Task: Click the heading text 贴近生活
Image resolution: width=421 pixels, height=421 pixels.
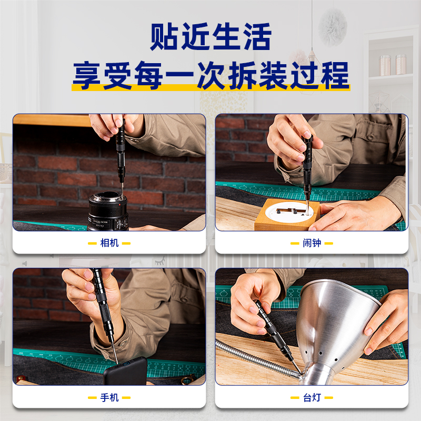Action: coord(210,36)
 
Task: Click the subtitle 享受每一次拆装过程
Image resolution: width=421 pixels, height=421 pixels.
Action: coord(211,75)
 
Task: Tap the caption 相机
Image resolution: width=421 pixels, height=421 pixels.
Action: coord(109,243)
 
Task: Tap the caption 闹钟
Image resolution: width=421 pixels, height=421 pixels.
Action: coord(312,243)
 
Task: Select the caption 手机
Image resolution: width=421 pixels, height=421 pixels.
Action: coord(109,397)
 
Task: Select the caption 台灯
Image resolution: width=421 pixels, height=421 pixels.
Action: coord(312,397)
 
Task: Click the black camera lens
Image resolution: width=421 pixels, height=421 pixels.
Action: coord(108,212)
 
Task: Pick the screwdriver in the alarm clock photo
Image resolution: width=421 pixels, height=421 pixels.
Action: coord(307,172)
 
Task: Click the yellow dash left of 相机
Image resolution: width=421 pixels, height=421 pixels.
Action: coord(92,243)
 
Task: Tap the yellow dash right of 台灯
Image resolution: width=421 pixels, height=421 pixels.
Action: coord(328,398)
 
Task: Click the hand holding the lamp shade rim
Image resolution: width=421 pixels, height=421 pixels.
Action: coord(387,322)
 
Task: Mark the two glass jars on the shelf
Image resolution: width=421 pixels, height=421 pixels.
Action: coord(393,65)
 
